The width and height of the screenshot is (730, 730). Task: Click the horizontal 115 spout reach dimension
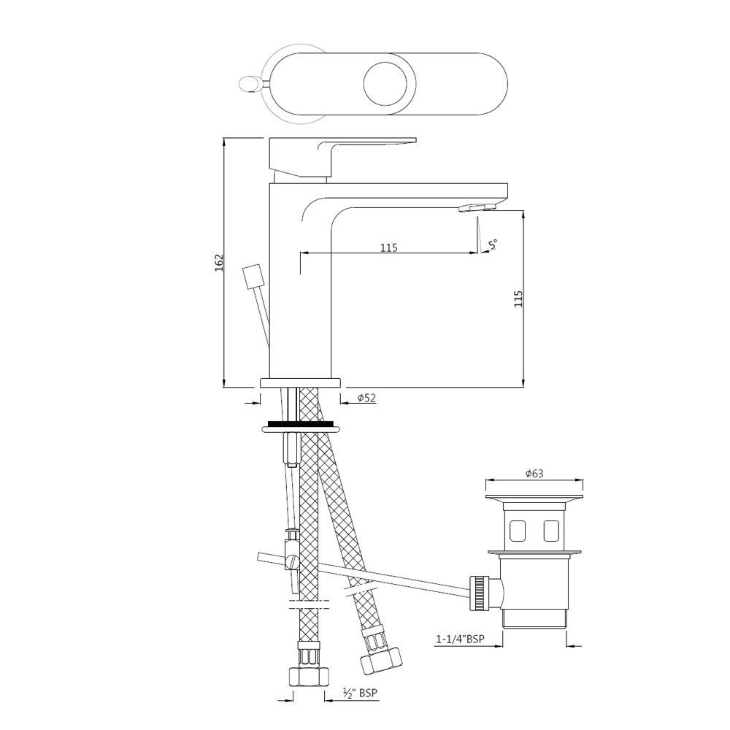388,247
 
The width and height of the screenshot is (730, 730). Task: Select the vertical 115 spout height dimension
518,299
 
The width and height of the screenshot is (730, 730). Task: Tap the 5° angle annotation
493,245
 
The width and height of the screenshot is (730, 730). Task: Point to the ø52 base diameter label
366,398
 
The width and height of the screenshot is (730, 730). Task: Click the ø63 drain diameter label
534,474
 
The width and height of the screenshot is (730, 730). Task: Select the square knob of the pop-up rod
253,278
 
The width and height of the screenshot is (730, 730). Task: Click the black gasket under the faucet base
301,423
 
